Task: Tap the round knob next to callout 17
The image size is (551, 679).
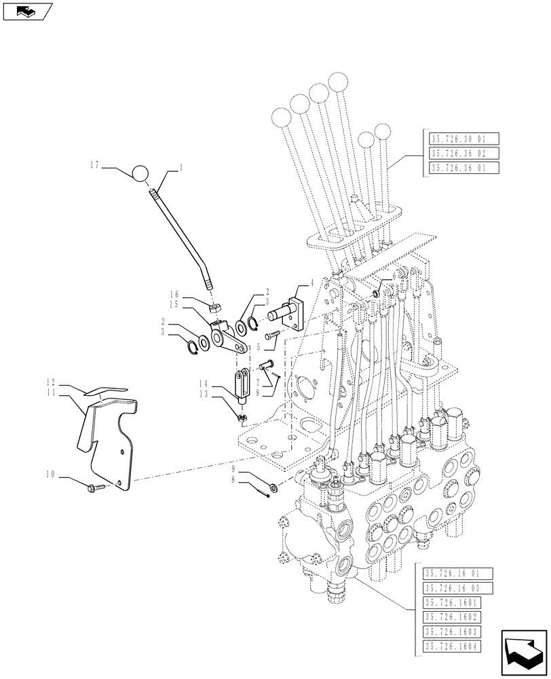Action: pos(140,174)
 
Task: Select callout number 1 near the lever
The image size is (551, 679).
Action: pos(181,166)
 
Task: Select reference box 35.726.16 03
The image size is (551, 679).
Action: pos(451,587)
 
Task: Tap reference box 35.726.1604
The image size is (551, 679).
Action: pos(451,647)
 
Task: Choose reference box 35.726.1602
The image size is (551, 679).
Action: pos(451,617)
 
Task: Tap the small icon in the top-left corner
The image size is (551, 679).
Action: pos(26,11)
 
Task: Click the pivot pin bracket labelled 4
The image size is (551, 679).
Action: pos(292,313)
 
